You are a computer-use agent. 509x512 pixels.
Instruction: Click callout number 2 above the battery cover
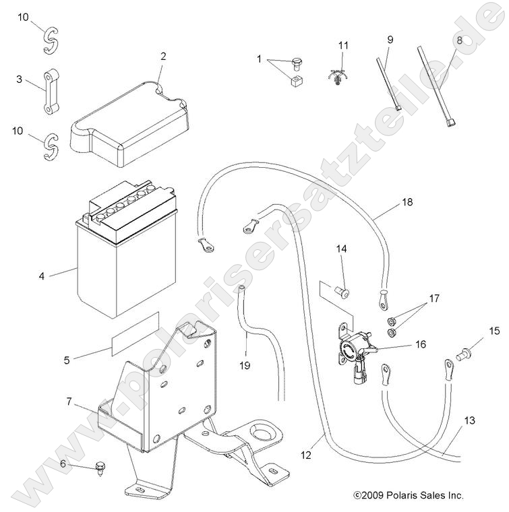coord(163,57)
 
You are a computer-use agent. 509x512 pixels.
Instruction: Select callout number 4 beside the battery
coord(41,276)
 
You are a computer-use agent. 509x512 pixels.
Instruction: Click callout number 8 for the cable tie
coord(460,40)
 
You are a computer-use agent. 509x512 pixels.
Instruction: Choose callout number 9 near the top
coord(390,40)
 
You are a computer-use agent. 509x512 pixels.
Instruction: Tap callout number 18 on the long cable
coord(407,201)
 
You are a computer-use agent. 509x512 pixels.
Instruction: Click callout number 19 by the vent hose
coord(245,365)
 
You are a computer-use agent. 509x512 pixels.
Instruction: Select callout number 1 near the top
coord(258,59)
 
